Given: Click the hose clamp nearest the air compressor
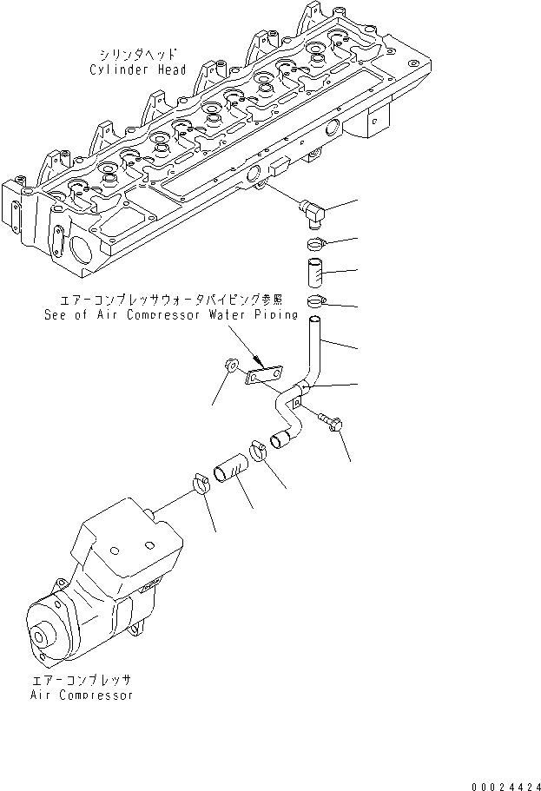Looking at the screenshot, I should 199,481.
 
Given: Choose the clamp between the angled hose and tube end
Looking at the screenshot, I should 259,452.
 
